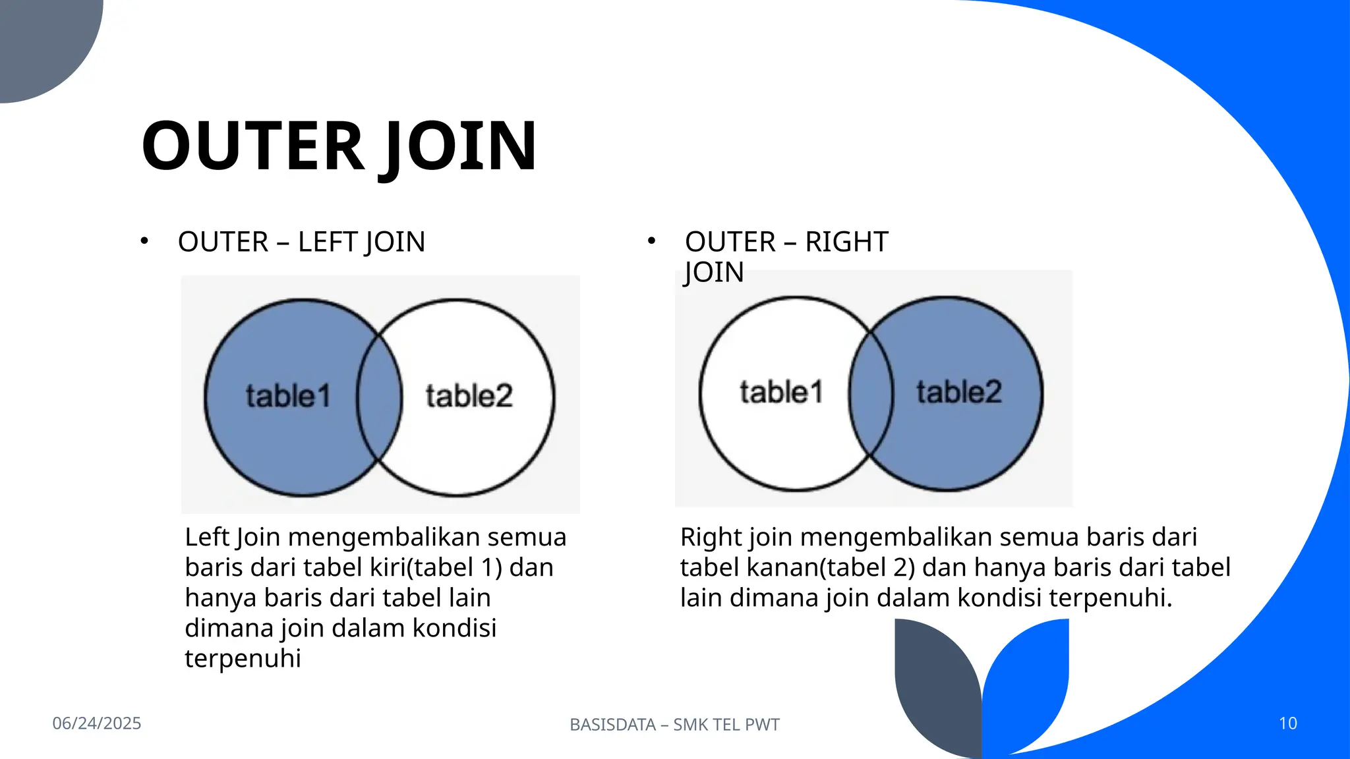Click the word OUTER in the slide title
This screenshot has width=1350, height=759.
click(252, 146)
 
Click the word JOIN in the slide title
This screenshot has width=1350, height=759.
click(458, 146)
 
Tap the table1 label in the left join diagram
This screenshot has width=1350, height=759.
click(288, 396)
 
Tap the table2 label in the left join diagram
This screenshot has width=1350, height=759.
click(469, 396)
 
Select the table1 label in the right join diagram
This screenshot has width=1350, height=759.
click(781, 392)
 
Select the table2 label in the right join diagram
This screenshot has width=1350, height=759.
click(959, 392)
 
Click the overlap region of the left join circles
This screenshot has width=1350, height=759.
click(380, 397)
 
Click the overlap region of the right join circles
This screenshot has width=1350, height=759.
click(871, 394)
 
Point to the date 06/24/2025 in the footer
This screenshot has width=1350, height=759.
click(97, 723)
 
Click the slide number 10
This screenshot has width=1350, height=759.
click(1288, 723)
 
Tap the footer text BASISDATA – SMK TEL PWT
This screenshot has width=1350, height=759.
click(674, 725)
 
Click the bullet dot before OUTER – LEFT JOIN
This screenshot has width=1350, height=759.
click(144, 241)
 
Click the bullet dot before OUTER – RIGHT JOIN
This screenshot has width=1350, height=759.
click(651, 241)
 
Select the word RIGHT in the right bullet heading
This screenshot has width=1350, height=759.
click(846, 242)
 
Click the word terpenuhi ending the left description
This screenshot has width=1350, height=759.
click(243, 658)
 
